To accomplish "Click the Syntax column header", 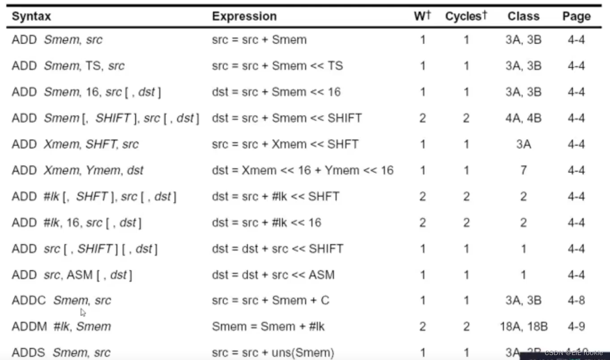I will [x=31, y=17].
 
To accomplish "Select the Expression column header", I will [x=244, y=17].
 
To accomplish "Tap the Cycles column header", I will [x=466, y=17].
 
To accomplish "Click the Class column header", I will [x=523, y=17].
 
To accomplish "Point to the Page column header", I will [x=576, y=17].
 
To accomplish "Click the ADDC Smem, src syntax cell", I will [x=61, y=301].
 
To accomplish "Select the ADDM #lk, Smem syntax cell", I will [x=61, y=326].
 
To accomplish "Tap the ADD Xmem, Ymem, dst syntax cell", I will [x=77, y=170].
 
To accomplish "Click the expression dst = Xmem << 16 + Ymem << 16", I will [x=303, y=170].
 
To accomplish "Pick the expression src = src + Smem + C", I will [x=270, y=301].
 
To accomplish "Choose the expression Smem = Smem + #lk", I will [x=268, y=326].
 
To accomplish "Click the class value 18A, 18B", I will [x=524, y=326].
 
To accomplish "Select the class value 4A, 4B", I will [x=524, y=119].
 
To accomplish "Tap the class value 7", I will [x=523, y=170].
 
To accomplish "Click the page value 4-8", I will [x=576, y=301].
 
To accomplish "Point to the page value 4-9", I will [x=576, y=326].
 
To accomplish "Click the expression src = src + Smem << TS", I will [x=277, y=66].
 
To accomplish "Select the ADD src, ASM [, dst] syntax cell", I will [x=72, y=275].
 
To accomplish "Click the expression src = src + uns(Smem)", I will [x=273, y=353].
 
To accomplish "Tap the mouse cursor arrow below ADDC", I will [x=83, y=312].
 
